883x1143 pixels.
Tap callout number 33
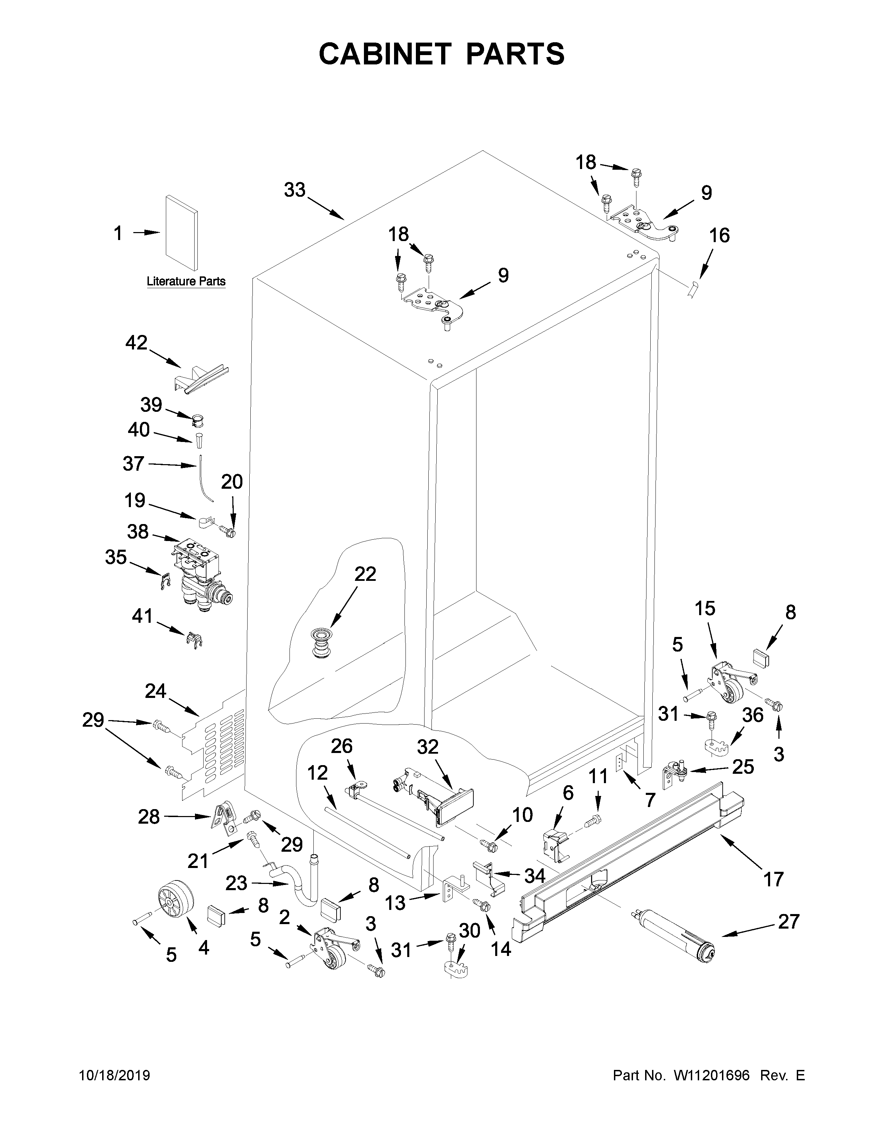click(295, 190)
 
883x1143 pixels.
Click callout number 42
click(136, 343)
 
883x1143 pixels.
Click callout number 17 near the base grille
click(774, 879)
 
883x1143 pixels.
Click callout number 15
click(705, 609)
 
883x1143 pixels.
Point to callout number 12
click(318, 772)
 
